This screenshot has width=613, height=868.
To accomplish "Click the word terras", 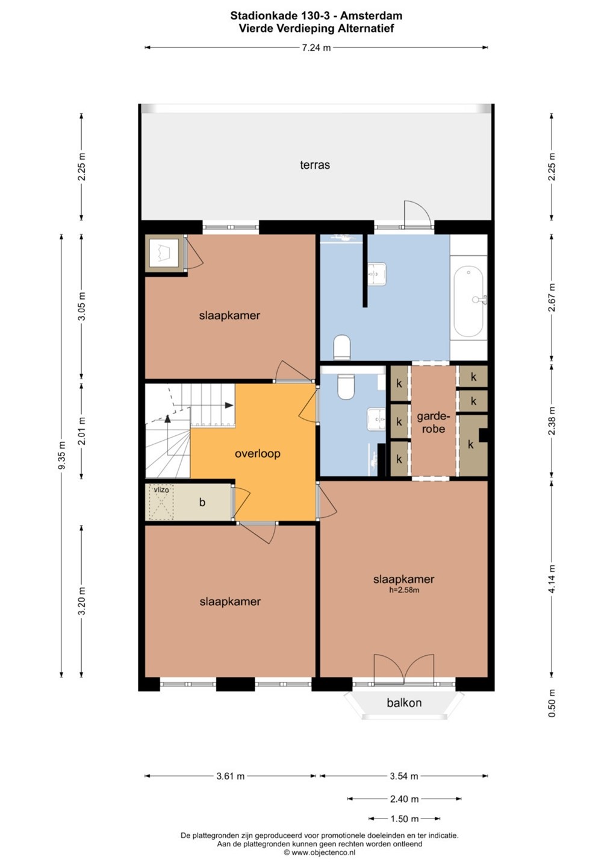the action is [314, 165].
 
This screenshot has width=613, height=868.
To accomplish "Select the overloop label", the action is [257, 453].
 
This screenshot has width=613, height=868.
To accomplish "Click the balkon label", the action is [404, 703].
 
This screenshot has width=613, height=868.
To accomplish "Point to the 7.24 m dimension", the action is [316, 48].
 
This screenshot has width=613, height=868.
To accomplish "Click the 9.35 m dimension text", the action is [62, 455].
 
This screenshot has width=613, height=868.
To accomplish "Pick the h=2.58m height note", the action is [404, 590].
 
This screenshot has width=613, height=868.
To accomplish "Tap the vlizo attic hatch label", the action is [161, 490].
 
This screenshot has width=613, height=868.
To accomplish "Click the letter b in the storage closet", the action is [202, 502].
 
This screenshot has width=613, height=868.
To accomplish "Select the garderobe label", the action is [434, 423].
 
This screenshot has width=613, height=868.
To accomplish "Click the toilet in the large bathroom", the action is [341, 347].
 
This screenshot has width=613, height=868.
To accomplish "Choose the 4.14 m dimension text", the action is [552, 579].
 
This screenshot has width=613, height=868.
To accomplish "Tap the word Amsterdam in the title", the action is [371, 16].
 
